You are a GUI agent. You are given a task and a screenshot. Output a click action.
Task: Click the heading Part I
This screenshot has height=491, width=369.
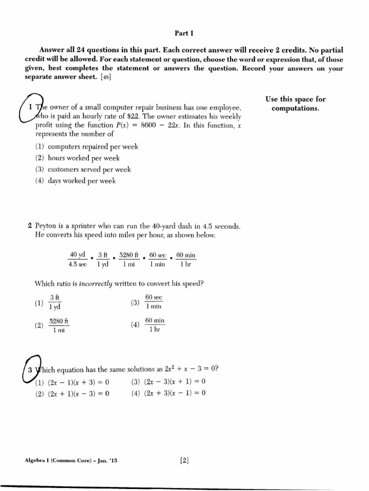184,33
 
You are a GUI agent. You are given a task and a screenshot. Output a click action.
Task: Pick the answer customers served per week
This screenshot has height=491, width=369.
82,169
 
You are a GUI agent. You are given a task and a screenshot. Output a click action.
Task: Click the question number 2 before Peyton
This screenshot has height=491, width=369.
30,226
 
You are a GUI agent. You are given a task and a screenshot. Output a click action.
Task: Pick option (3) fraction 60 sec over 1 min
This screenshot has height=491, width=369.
153,302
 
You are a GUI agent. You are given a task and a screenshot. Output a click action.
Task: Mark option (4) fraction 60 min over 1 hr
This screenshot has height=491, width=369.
154,326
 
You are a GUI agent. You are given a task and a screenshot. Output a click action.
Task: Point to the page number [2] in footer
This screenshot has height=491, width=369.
184,461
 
